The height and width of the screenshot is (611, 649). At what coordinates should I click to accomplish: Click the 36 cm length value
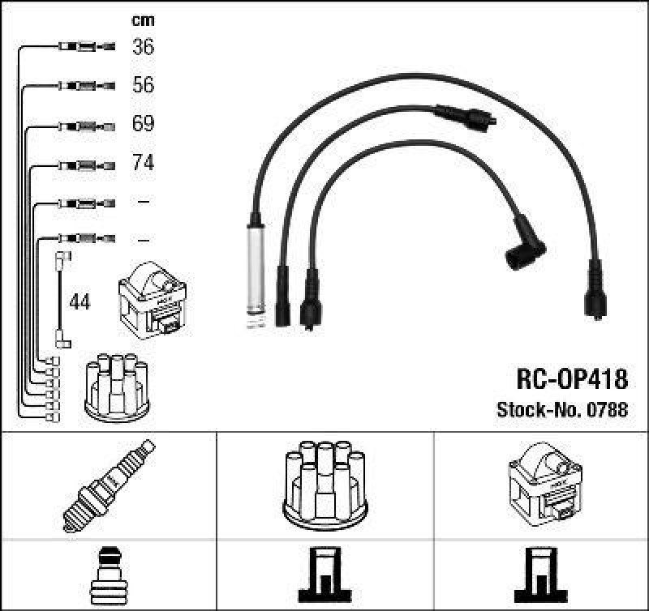143,47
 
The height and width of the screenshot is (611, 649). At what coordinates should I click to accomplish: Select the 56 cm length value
143,85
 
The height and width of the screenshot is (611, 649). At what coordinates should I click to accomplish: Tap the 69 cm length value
143,124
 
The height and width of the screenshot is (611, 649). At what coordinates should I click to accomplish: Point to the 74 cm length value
143,163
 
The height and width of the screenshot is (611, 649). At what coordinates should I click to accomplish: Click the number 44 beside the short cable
80,302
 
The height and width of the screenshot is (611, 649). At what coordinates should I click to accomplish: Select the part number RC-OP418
572,378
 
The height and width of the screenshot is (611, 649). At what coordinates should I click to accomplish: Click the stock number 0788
609,409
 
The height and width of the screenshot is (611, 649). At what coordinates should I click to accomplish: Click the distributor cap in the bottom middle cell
324,485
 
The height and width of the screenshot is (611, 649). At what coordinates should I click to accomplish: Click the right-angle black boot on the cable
525,246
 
